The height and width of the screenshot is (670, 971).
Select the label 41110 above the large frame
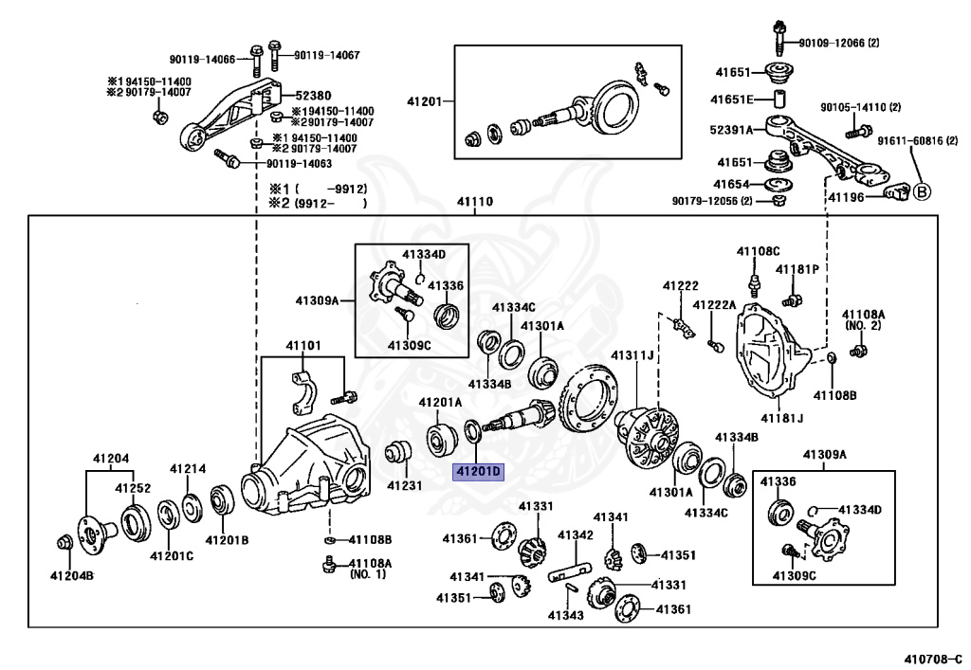[x=476, y=202]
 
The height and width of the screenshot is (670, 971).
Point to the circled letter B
[x=922, y=191]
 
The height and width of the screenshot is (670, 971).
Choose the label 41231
[x=405, y=485]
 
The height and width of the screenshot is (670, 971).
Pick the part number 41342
[x=576, y=535]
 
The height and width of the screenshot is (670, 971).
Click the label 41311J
[x=632, y=355]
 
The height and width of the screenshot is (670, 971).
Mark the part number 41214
[x=188, y=468]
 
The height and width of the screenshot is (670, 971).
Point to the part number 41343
[x=565, y=616]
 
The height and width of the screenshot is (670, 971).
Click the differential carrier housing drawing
[x=303, y=464]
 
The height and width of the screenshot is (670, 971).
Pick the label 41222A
[x=714, y=305]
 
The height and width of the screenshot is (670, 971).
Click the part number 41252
[x=133, y=488]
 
